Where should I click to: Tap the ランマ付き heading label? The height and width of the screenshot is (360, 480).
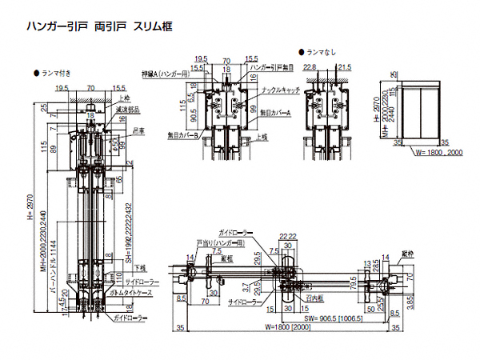(x=57, y=73)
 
